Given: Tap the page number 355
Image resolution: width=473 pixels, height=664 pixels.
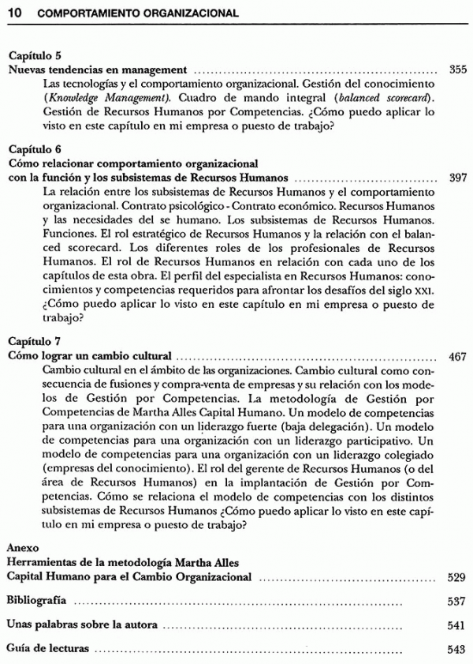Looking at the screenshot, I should [x=457, y=69].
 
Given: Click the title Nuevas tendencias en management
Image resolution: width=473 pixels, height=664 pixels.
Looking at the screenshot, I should [x=97, y=69].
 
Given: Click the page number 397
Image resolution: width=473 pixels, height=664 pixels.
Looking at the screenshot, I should [x=457, y=178].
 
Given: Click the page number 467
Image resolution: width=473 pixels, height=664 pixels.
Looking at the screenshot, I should [x=457, y=356].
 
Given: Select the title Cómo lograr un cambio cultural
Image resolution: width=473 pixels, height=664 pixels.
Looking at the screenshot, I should [x=91, y=356].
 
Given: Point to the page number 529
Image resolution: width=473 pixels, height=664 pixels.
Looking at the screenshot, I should [x=456, y=577].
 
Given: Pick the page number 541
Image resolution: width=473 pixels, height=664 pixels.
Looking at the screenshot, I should [x=456, y=625].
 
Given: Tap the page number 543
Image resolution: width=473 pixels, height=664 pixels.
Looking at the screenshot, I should [x=456, y=650].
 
